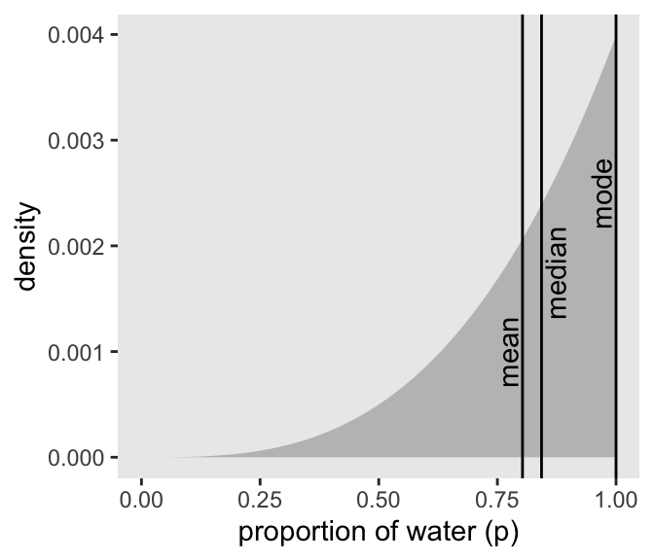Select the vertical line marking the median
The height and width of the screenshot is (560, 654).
[541, 146]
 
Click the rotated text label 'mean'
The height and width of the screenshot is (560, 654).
[510, 352]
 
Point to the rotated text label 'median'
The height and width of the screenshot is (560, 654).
[557, 272]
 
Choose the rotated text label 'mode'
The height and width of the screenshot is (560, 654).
[603, 193]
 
